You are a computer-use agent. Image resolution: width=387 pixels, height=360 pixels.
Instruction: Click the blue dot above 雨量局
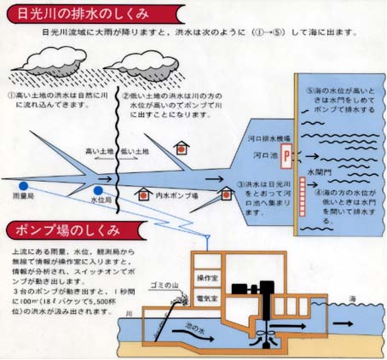click(26, 185)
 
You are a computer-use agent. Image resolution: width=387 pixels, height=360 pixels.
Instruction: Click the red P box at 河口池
click(286, 155)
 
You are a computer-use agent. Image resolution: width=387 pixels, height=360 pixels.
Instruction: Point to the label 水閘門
click(318, 171)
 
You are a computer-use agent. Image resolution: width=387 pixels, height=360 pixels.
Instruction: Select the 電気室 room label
click(208, 299)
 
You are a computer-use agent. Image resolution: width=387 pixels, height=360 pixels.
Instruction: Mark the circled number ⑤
click(309, 91)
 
